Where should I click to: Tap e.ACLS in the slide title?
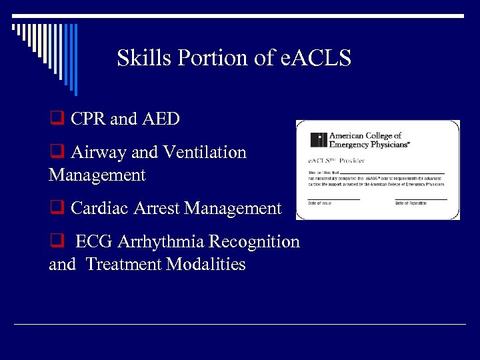tap(315, 59)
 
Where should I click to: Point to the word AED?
tap(160, 119)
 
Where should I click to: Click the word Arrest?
tap(155, 209)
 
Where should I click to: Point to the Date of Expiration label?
tap(411, 203)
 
